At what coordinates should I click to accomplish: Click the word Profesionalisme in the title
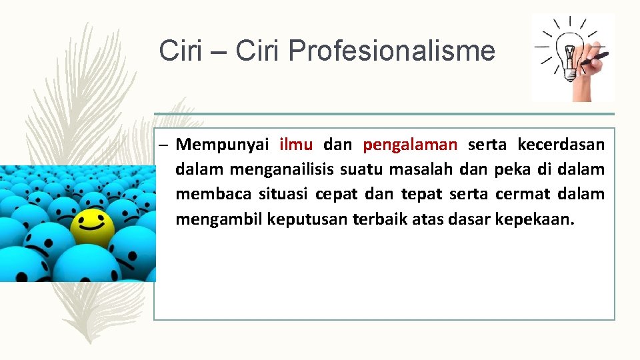click(392, 51)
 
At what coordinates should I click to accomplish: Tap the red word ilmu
click(296, 144)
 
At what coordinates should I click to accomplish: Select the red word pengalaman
click(410, 144)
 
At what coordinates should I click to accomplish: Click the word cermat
click(527, 195)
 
